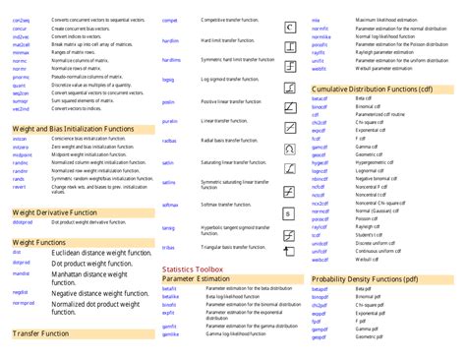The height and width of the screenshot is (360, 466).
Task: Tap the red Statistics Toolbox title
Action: [193, 269]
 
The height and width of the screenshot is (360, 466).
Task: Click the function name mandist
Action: [21, 273]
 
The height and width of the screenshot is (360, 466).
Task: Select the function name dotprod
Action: [21, 263]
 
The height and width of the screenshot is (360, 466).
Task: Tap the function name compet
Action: [170, 20]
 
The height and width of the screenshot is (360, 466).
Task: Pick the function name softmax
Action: [171, 205]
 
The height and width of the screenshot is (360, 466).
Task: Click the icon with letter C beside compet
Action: [291, 25]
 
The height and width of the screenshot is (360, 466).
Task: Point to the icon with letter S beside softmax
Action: [291, 210]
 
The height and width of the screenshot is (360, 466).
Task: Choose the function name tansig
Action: [169, 228]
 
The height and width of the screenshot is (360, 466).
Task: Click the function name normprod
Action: [24, 303]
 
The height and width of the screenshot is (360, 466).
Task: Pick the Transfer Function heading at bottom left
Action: [40, 334]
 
